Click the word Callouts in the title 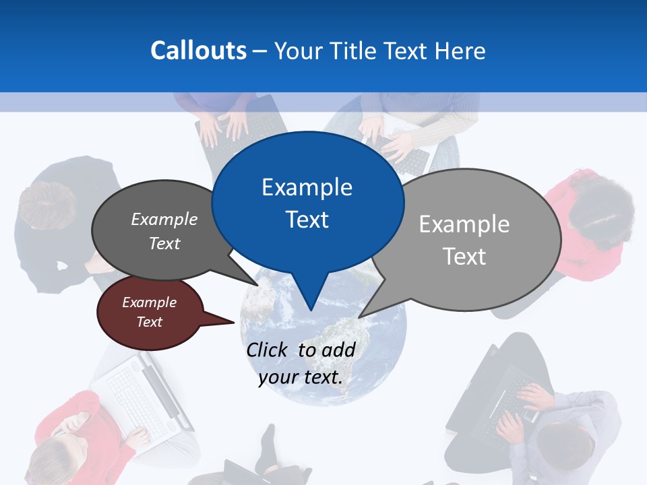coord(198,51)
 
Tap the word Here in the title coord(460,51)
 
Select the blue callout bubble coord(307,202)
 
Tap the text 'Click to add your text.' coord(301,363)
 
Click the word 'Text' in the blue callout coord(307,219)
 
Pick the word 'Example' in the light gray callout coord(464,224)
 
